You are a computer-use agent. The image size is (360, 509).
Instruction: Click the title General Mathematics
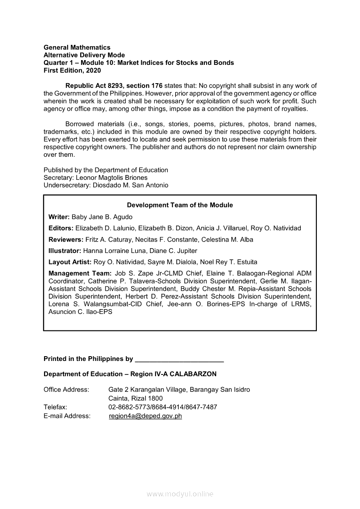point(77,47)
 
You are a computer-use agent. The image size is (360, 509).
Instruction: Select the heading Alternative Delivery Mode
point(84,55)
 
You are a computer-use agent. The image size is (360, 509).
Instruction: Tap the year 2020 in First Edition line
point(94,70)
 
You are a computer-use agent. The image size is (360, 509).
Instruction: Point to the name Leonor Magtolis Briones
point(112,178)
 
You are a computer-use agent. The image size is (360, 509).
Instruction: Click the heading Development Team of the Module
point(180,205)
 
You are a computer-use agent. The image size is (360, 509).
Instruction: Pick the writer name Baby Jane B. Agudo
point(102,217)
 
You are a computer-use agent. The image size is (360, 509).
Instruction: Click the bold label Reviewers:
point(66,239)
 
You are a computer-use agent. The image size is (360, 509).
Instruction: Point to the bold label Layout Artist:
point(70,262)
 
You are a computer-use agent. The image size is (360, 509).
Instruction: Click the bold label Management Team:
point(80,273)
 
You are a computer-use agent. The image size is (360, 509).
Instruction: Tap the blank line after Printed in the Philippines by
point(180,360)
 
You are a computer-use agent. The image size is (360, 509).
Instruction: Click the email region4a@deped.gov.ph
point(145,416)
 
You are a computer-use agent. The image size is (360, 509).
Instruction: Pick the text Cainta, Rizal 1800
point(136,398)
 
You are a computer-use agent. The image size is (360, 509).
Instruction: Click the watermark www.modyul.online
point(180,494)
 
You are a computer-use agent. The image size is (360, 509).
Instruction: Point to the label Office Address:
point(66,389)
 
